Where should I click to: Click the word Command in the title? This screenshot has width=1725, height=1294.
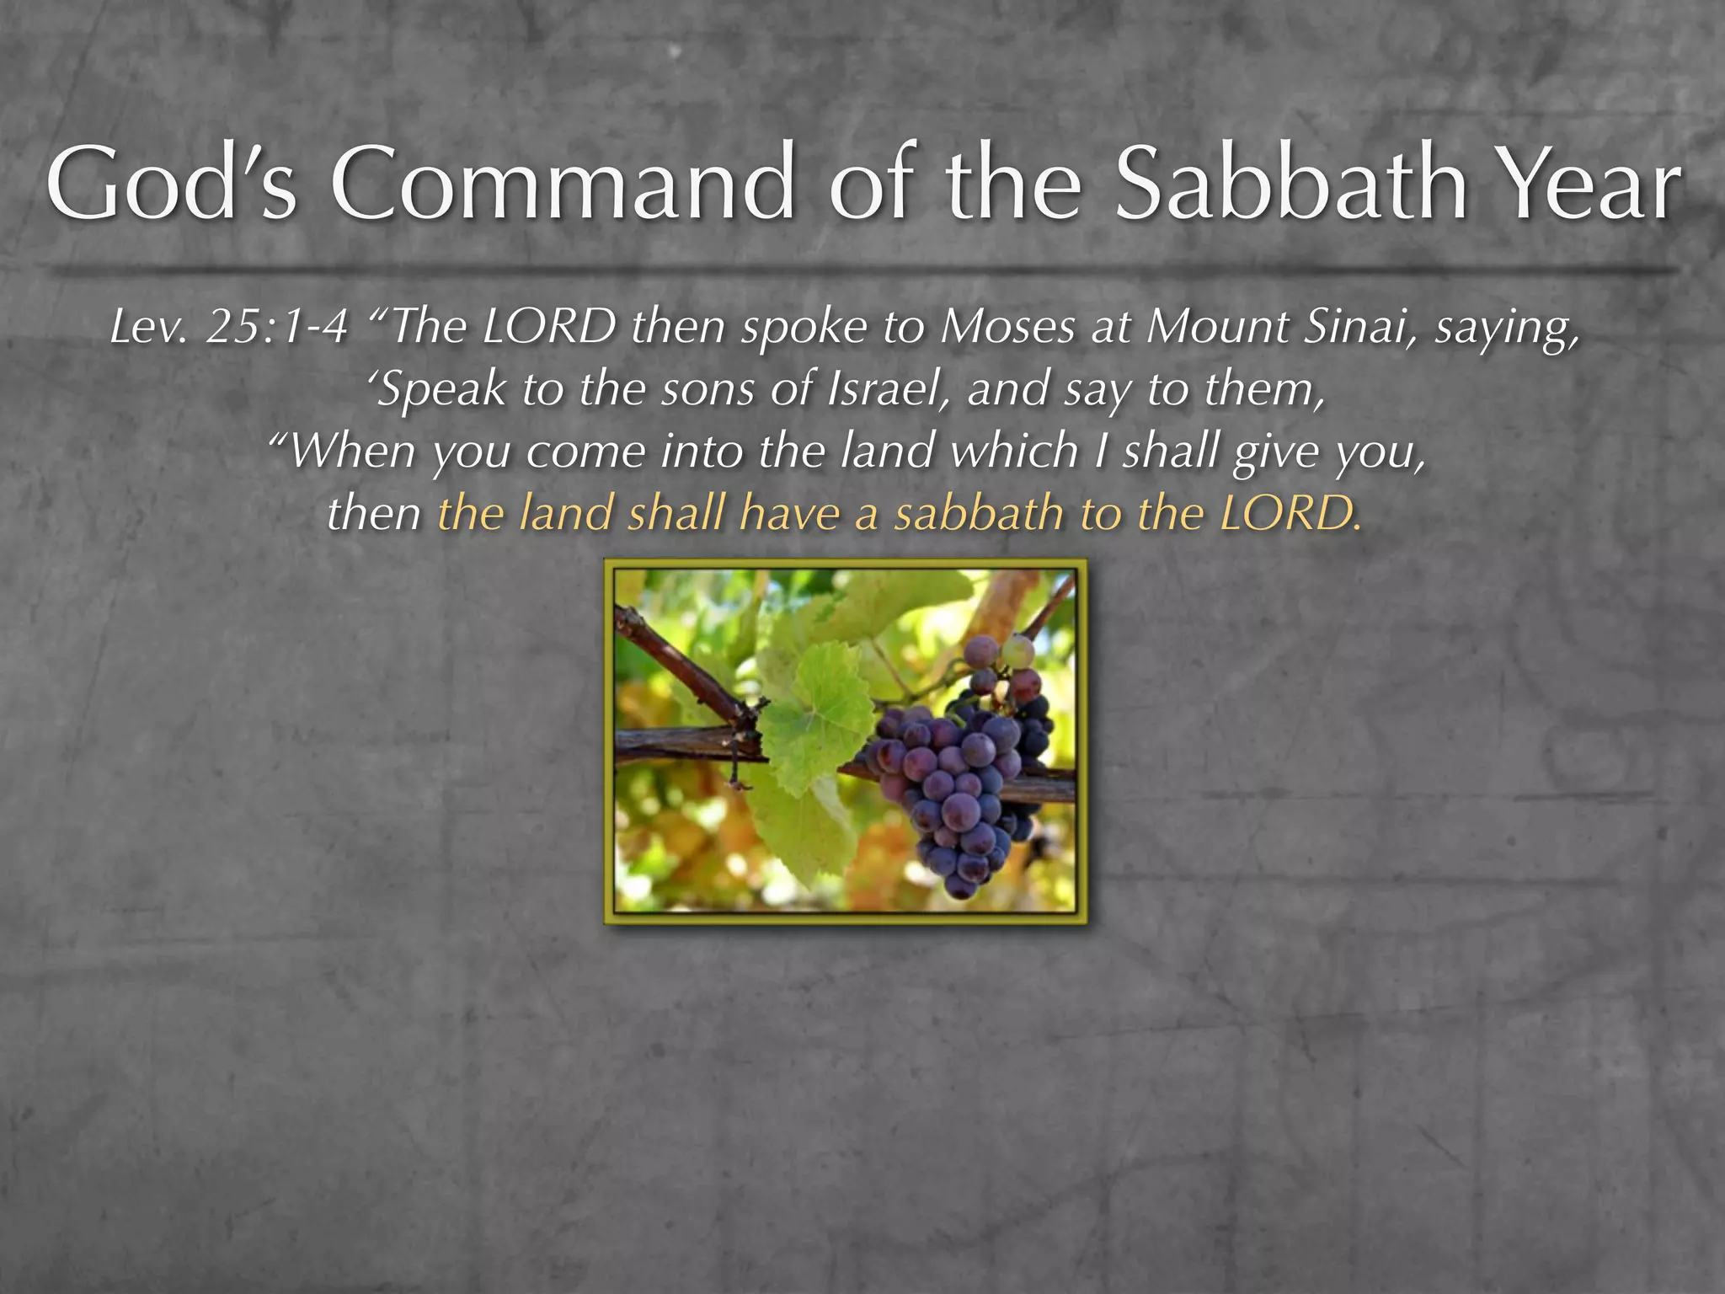point(562,183)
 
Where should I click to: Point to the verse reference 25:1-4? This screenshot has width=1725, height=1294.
point(276,327)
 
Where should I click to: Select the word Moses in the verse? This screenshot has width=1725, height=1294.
point(1007,327)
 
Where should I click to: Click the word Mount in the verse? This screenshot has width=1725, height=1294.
point(1216,327)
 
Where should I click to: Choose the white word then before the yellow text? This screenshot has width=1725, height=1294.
point(374,513)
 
